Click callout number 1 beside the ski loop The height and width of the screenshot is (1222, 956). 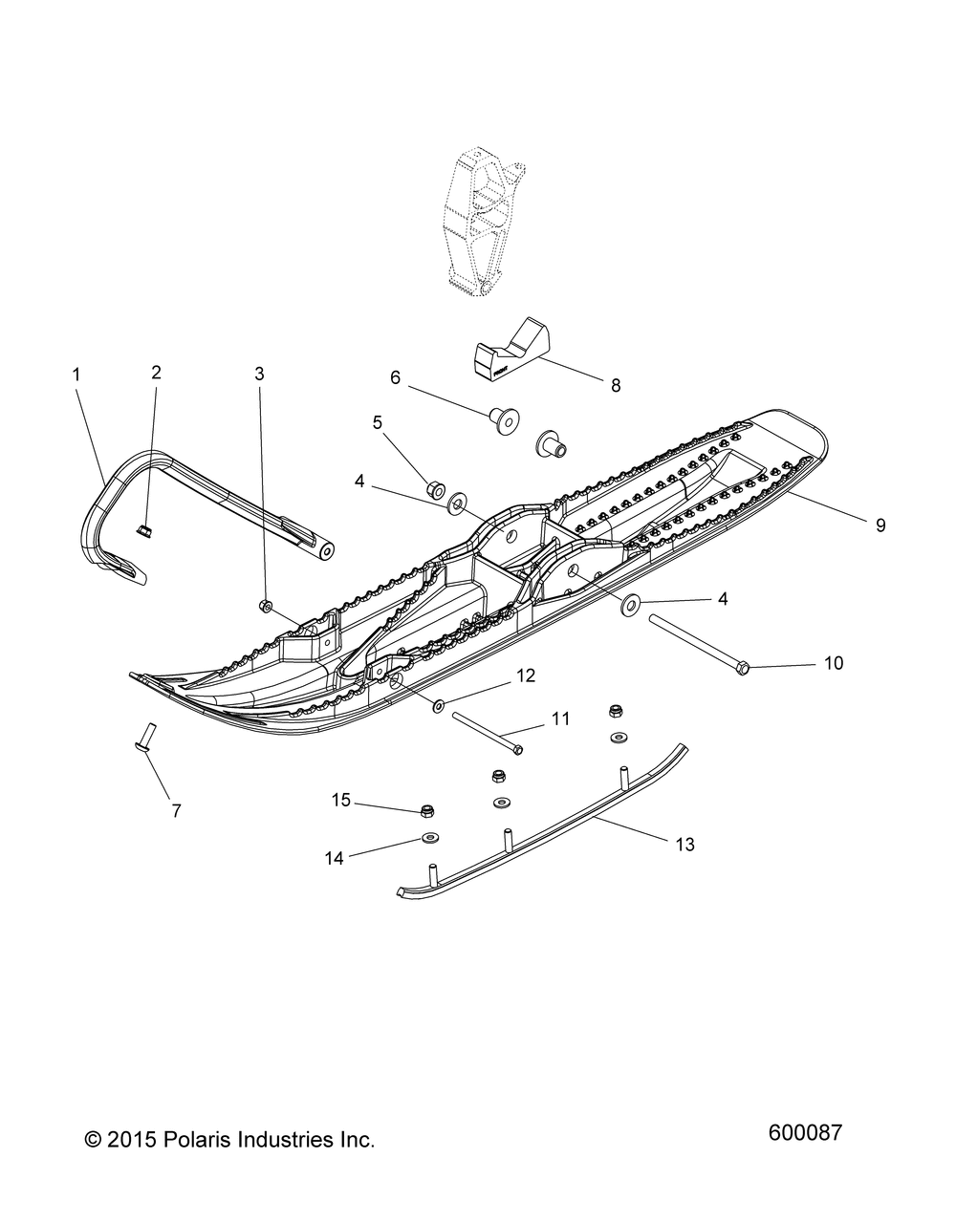76,375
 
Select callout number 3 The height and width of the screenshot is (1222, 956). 259,374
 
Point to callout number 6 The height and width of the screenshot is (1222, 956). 395,377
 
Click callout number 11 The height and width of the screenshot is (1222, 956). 560,718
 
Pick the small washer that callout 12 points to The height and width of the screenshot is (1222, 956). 439,706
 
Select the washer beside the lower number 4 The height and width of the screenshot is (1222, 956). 630,605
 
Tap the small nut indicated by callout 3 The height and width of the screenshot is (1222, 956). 266,606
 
